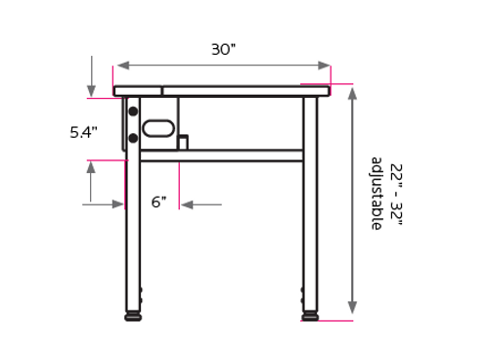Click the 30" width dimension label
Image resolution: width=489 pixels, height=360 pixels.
click(x=223, y=49)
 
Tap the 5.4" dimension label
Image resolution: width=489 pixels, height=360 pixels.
click(x=83, y=132)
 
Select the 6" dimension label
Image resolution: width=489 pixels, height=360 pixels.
click(x=158, y=202)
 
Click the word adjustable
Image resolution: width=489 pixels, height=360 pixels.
click(x=376, y=194)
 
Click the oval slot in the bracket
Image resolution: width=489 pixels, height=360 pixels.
click(x=157, y=127)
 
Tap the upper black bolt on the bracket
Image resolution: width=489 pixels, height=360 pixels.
click(x=133, y=112)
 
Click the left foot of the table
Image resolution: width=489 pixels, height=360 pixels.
click(x=133, y=316)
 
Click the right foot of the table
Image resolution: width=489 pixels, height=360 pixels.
click(x=310, y=316)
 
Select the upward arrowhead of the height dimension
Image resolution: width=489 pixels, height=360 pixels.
click(x=352, y=92)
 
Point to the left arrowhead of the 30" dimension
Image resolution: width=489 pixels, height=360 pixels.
click(x=121, y=66)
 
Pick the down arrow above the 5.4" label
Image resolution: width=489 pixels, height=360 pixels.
click(x=91, y=89)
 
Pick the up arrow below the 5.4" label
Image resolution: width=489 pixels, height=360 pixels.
click(x=91, y=167)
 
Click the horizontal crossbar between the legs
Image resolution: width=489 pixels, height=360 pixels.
click(x=221, y=155)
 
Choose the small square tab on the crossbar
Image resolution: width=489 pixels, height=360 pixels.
click(x=182, y=143)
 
